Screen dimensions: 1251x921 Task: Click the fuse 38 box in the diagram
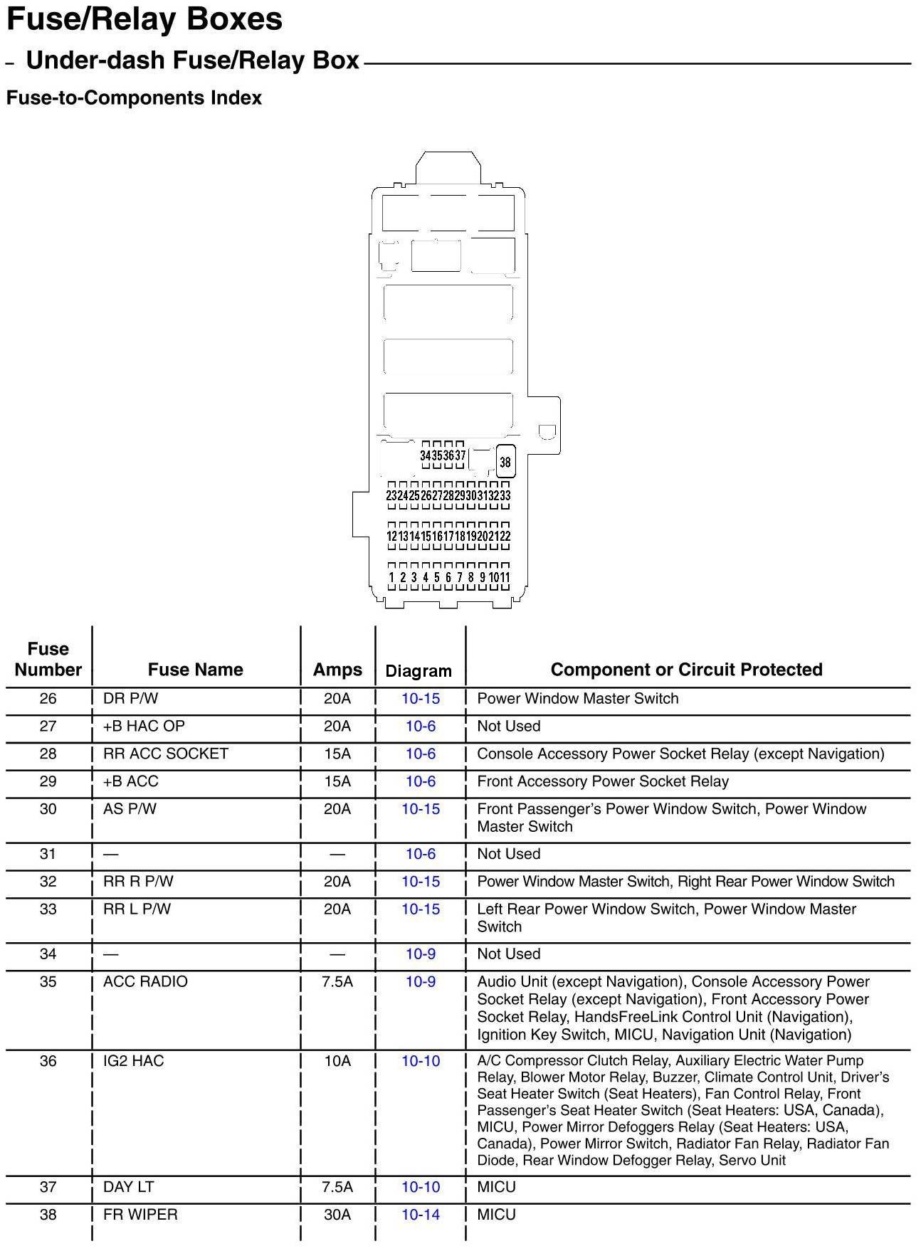pyautogui.click(x=505, y=462)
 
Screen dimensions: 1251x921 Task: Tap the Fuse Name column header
pyautogui.click(x=195, y=670)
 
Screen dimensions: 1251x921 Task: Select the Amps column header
pyautogui.click(x=337, y=670)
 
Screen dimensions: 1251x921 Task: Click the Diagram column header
pyautogui.click(x=419, y=671)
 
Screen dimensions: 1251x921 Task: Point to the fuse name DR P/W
pyautogui.click(x=130, y=699)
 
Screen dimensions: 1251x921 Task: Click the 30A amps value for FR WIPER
pyautogui.click(x=337, y=1215)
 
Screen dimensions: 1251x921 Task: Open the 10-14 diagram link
pyautogui.click(x=421, y=1215)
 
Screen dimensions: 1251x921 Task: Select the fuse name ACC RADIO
pyautogui.click(x=145, y=982)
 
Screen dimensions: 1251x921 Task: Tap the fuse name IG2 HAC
pyautogui.click(x=133, y=1061)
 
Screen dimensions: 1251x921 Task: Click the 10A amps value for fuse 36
pyautogui.click(x=337, y=1061)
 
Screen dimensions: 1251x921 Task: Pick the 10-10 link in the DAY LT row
pyautogui.click(x=421, y=1187)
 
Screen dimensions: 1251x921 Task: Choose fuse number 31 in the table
pyautogui.click(x=48, y=854)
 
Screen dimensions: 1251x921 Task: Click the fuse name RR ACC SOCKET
pyautogui.click(x=166, y=754)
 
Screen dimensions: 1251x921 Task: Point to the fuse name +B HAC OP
pyautogui.click(x=144, y=727)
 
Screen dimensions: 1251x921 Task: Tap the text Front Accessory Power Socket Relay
pyautogui.click(x=603, y=782)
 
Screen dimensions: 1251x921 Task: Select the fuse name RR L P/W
pyautogui.click(x=137, y=909)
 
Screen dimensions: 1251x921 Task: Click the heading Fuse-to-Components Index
pyautogui.click(x=134, y=98)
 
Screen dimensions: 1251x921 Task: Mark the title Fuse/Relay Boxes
pyautogui.click(x=144, y=19)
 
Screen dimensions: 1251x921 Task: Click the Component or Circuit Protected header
pyautogui.click(x=686, y=670)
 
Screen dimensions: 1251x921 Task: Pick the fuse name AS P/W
pyautogui.click(x=130, y=809)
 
